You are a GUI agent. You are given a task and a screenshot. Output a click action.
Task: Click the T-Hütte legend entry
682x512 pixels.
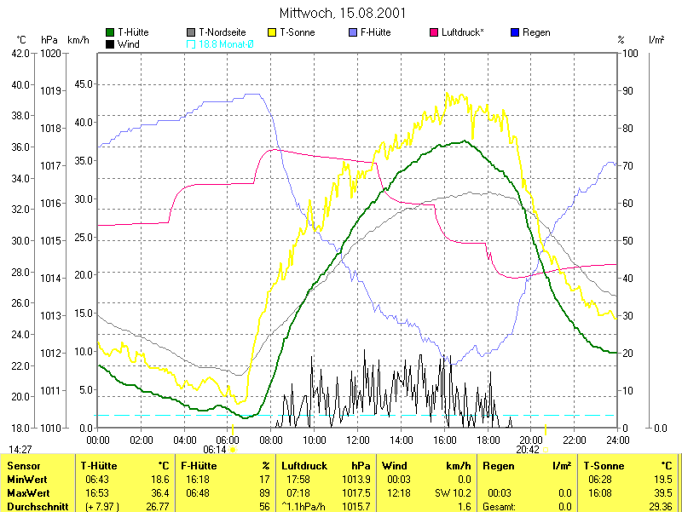pyautogui.click(x=132, y=32)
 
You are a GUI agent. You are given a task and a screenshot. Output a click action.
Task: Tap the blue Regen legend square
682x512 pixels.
pyautogui.click(x=514, y=32)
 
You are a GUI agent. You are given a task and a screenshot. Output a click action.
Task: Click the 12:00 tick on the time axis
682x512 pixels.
pyautogui.click(x=359, y=440)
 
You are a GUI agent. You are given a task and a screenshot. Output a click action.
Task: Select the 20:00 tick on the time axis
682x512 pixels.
pyautogui.click(x=532, y=440)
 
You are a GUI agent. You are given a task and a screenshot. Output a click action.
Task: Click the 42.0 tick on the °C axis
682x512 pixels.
pyautogui.click(x=20, y=53)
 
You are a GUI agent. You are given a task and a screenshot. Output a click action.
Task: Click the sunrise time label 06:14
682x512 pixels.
pyautogui.click(x=215, y=449)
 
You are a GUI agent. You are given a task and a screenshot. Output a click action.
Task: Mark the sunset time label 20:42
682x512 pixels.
pyautogui.click(x=529, y=449)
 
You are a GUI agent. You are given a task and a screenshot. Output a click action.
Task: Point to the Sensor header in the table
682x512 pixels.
pyautogui.click(x=23, y=466)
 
